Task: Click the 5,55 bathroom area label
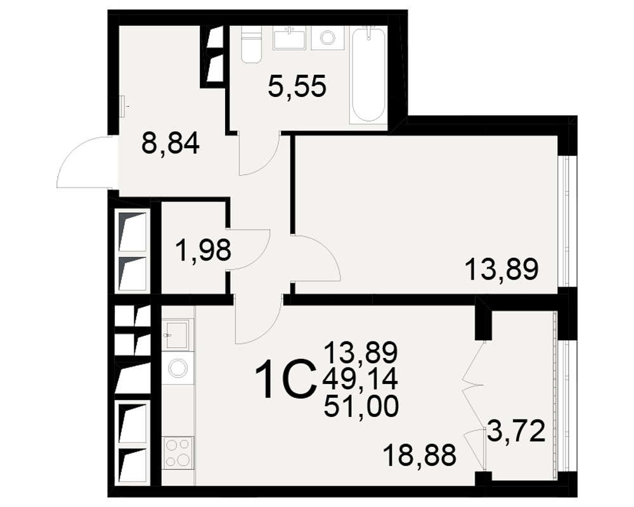[x=297, y=87]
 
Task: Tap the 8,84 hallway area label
[x=170, y=143]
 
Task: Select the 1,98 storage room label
[x=204, y=250]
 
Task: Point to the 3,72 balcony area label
[x=516, y=431]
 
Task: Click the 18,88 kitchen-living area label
[x=419, y=455]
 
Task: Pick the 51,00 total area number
[x=361, y=406]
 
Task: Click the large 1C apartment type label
[x=285, y=380]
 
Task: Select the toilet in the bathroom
[x=251, y=44]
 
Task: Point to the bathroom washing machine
[x=328, y=38]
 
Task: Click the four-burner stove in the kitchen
[x=178, y=453]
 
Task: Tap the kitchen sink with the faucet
[x=178, y=335]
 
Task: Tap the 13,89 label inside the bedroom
[x=501, y=270]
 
